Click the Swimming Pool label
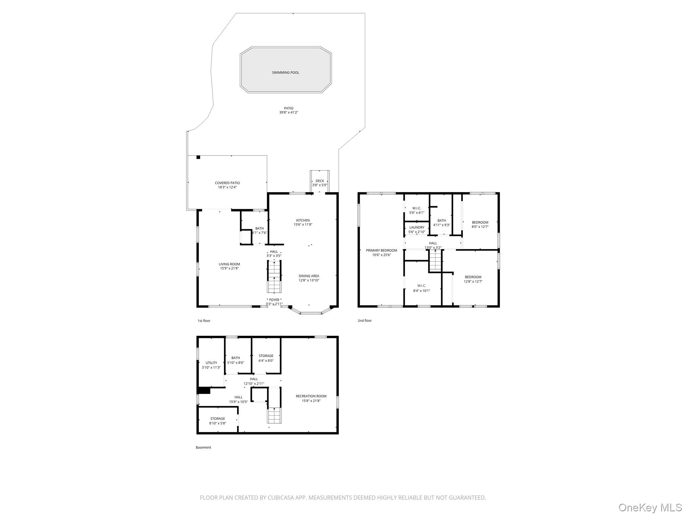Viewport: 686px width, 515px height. point(285,72)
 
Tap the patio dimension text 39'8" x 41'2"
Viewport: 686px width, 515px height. point(288,113)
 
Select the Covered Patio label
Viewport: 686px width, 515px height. point(227,183)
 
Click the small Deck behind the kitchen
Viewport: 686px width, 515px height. point(320,183)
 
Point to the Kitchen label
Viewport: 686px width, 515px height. point(303,220)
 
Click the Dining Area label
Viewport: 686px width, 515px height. point(308,276)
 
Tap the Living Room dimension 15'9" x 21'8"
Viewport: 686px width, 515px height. point(229,268)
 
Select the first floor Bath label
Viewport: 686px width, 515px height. point(259,228)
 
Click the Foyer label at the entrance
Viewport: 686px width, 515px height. point(274,300)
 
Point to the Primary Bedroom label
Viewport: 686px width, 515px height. point(381,250)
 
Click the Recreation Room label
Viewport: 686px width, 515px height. point(311,396)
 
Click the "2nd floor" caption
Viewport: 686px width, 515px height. point(364,321)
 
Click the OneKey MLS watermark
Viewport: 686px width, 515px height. point(650,507)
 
